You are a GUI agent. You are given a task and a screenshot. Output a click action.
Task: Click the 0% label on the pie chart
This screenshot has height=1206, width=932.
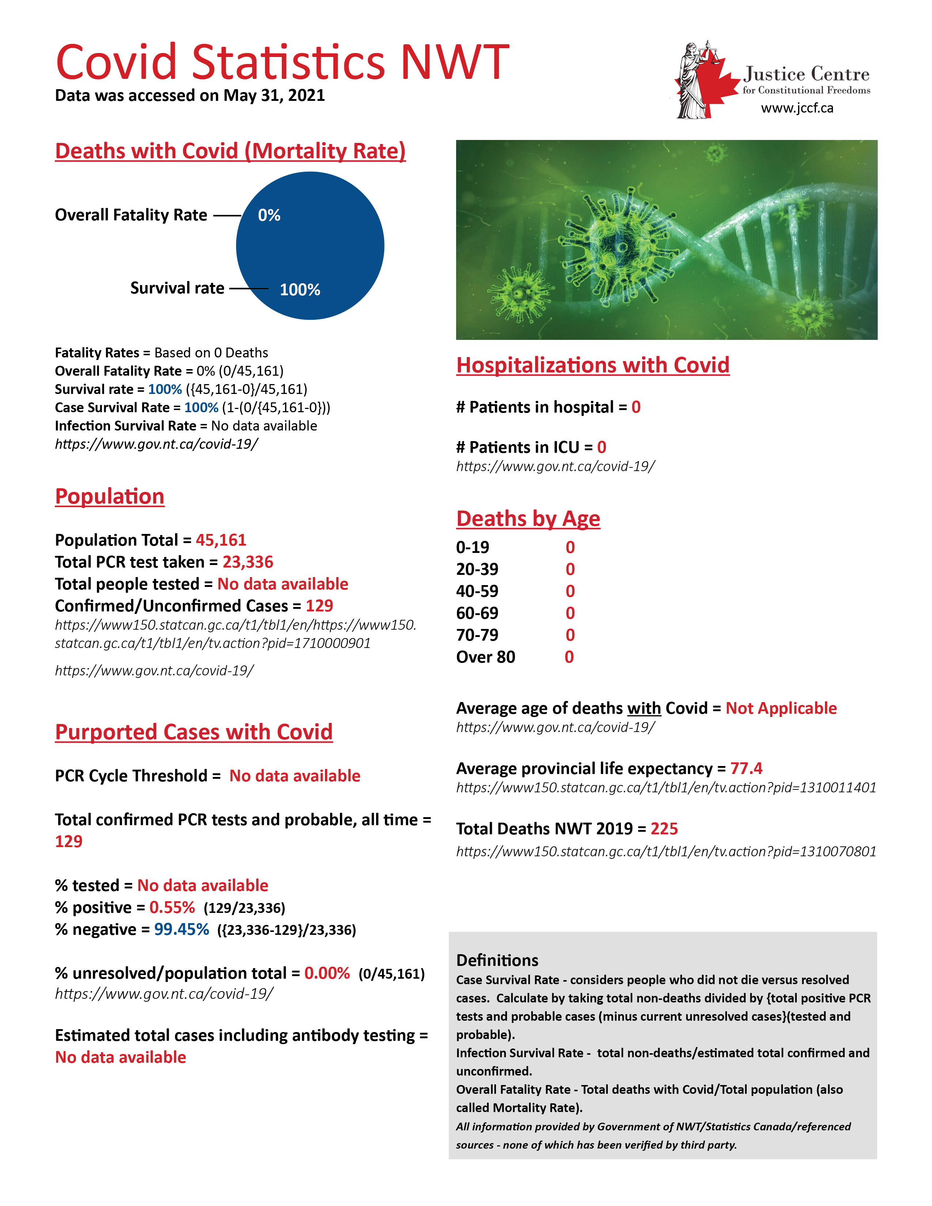pyautogui.click(x=269, y=215)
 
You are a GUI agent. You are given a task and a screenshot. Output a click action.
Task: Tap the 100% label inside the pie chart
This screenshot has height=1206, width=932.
pyautogui.click(x=300, y=290)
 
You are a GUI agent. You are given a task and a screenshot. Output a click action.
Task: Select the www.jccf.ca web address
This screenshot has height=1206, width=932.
pyautogui.click(x=797, y=108)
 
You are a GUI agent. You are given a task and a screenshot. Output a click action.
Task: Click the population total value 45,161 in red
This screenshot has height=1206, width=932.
pyautogui.click(x=221, y=540)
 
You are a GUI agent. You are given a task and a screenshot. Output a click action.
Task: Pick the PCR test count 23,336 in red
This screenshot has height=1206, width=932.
pyautogui.click(x=248, y=562)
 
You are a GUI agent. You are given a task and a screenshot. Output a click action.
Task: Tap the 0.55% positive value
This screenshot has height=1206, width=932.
pyautogui.click(x=172, y=907)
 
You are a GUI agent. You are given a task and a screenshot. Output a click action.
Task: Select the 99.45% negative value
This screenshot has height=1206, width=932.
pyautogui.click(x=181, y=929)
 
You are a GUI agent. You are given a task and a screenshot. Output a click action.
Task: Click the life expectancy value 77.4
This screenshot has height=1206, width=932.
pyautogui.click(x=746, y=769)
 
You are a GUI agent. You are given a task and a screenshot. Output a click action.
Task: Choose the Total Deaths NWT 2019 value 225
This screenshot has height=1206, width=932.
pyautogui.click(x=664, y=829)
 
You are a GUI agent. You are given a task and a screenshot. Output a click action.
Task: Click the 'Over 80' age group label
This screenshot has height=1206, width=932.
pyautogui.click(x=485, y=657)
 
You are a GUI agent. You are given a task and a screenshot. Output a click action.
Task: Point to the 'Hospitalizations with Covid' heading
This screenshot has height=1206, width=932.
pyautogui.click(x=592, y=365)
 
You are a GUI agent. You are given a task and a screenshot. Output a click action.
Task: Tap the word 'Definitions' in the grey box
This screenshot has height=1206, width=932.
pyautogui.click(x=497, y=960)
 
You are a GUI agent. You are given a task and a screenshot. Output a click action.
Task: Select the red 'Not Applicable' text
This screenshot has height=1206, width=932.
pyautogui.click(x=781, y=709)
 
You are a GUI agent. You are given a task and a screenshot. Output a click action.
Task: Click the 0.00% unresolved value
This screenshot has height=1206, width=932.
pyautogui.click(x=327, y=974)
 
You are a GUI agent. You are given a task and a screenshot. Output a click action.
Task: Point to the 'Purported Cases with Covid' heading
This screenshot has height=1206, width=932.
pyautogui.click(x=194, y=732)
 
